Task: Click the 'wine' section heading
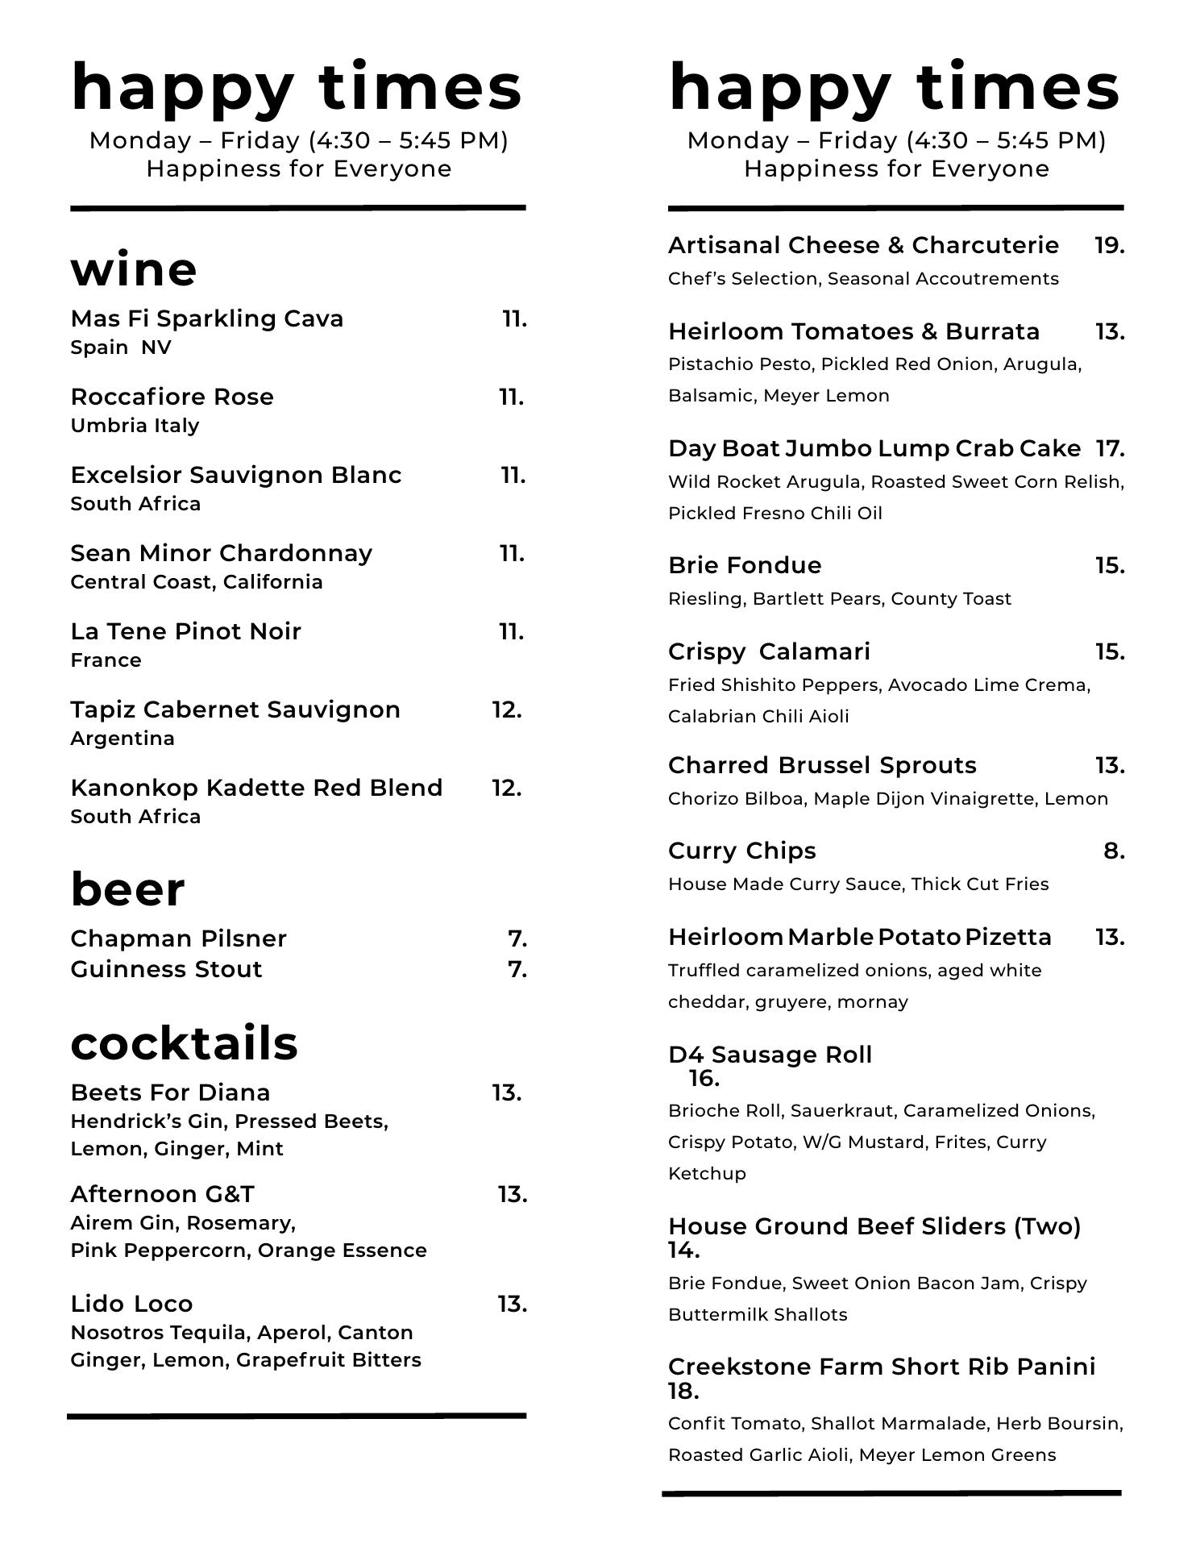point(134,269)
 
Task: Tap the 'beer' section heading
point(127,889)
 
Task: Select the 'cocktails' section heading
point(184,1042)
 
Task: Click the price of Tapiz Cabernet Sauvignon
point(507,709)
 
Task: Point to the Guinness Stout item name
point(166,969)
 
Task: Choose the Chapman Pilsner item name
point(178,938)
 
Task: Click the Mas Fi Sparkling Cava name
point(207,318)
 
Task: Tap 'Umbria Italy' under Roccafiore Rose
point(135,426)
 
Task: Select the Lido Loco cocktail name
point(131,1304)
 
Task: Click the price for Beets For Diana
point(507,1092)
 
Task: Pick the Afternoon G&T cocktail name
point(162,1194)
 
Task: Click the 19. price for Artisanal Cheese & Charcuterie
point(1109,245)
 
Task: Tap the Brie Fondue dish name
point(745,565)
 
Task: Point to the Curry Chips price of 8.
point(1114,851)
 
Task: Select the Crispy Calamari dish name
point(769,651)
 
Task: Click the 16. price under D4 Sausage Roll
point(704,1079)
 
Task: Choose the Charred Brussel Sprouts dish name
point(822,765)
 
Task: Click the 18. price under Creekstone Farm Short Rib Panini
point(683,1392)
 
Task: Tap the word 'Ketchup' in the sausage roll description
point(707,1174)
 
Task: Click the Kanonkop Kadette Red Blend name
point(256,788)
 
